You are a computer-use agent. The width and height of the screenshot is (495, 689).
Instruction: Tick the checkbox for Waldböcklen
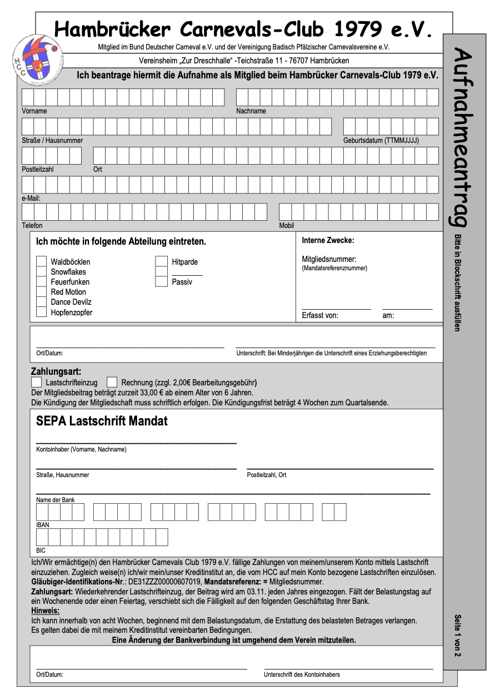click(41, 261)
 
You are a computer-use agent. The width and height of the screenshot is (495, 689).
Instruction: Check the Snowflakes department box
click(41, 271)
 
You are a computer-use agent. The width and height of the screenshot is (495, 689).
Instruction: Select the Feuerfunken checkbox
click(41, 281)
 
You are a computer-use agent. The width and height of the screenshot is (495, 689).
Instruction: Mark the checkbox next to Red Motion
click(41, 291)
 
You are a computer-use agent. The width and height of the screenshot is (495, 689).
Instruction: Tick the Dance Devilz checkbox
click(41, 302)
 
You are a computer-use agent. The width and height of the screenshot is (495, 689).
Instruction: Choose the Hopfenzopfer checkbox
click(41, 312)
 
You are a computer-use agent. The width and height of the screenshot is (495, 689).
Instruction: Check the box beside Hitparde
click(161, 261)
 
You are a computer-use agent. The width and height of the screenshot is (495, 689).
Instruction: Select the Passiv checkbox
click(161, 281)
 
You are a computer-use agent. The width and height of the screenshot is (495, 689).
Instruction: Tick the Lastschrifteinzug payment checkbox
click(37, 382)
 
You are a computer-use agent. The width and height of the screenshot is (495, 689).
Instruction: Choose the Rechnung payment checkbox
click(112, 382)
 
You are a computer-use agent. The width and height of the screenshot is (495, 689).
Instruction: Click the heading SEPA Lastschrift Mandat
click(102, 421)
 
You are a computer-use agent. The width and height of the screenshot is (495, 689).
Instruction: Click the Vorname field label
click(34, 111)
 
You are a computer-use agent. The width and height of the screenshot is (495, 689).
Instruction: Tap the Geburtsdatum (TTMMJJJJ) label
click(381, 141)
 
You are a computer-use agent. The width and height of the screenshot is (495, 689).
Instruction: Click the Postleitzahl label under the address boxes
click(38, 169)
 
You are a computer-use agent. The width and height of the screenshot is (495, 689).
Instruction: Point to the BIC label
click(41, 551)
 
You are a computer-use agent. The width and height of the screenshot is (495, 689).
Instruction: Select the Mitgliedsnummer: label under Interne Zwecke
click(329, 259)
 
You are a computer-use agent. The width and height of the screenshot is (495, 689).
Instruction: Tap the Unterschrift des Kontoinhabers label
click(302, 675)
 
